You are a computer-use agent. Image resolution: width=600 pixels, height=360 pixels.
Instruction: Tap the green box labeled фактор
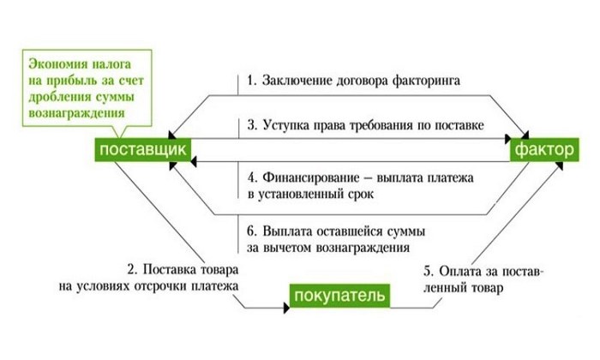click(542, 151)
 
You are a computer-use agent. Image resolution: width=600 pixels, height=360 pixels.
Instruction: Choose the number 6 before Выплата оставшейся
click(250, 232)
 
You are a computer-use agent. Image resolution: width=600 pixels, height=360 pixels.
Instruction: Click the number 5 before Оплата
click(427, 272)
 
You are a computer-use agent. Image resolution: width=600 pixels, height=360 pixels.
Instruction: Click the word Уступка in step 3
click(288, 125)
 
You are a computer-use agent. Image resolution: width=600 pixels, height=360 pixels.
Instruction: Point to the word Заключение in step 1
click(297, 81)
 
